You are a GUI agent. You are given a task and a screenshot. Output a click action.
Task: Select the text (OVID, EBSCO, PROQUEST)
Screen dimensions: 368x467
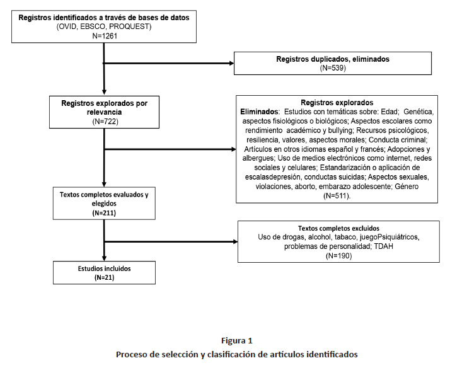click(104, 27)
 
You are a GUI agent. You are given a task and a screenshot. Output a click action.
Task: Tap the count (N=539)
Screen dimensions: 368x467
click(333, 67)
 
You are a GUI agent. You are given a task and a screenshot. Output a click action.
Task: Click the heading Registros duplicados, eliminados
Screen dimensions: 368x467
click(333, 59)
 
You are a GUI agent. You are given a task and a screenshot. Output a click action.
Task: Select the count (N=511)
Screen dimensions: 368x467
click(337, 196)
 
